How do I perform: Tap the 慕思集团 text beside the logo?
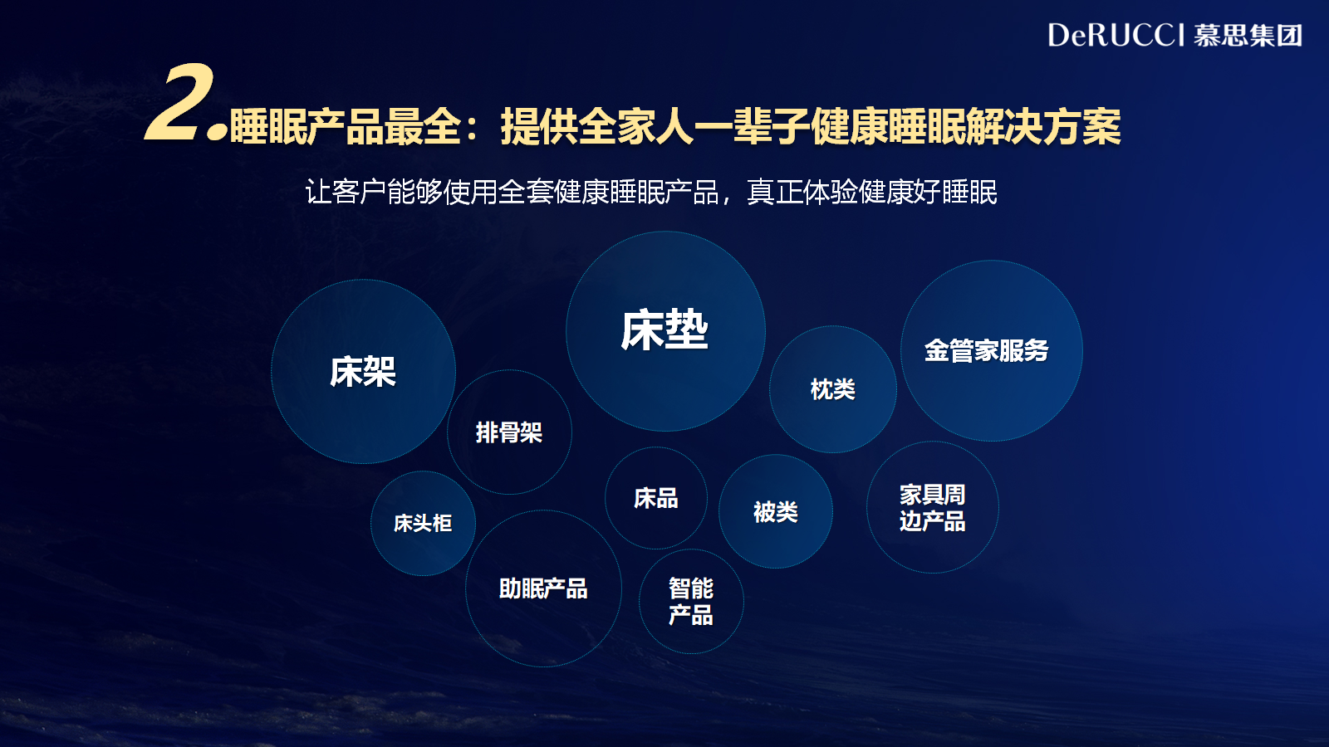[1248, 36]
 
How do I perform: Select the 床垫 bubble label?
[664, 330]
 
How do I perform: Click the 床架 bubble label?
[363, 372]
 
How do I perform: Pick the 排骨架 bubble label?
[509, 432]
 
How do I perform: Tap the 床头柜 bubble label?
[423, 523]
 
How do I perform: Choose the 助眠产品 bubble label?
[543, 588]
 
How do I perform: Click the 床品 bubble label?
[655, 498]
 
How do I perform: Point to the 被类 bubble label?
[776, 511]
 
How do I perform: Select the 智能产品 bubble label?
[690, 601]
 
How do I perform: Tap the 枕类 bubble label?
[832, 389]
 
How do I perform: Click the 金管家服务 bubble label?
[986, 350]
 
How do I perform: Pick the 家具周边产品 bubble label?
[932, 507]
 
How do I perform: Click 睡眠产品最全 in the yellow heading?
[346, 126]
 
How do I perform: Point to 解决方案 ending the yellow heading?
[1043, 126]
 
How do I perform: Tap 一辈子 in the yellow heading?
[753, 126]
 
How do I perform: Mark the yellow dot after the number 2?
[217, 132]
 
